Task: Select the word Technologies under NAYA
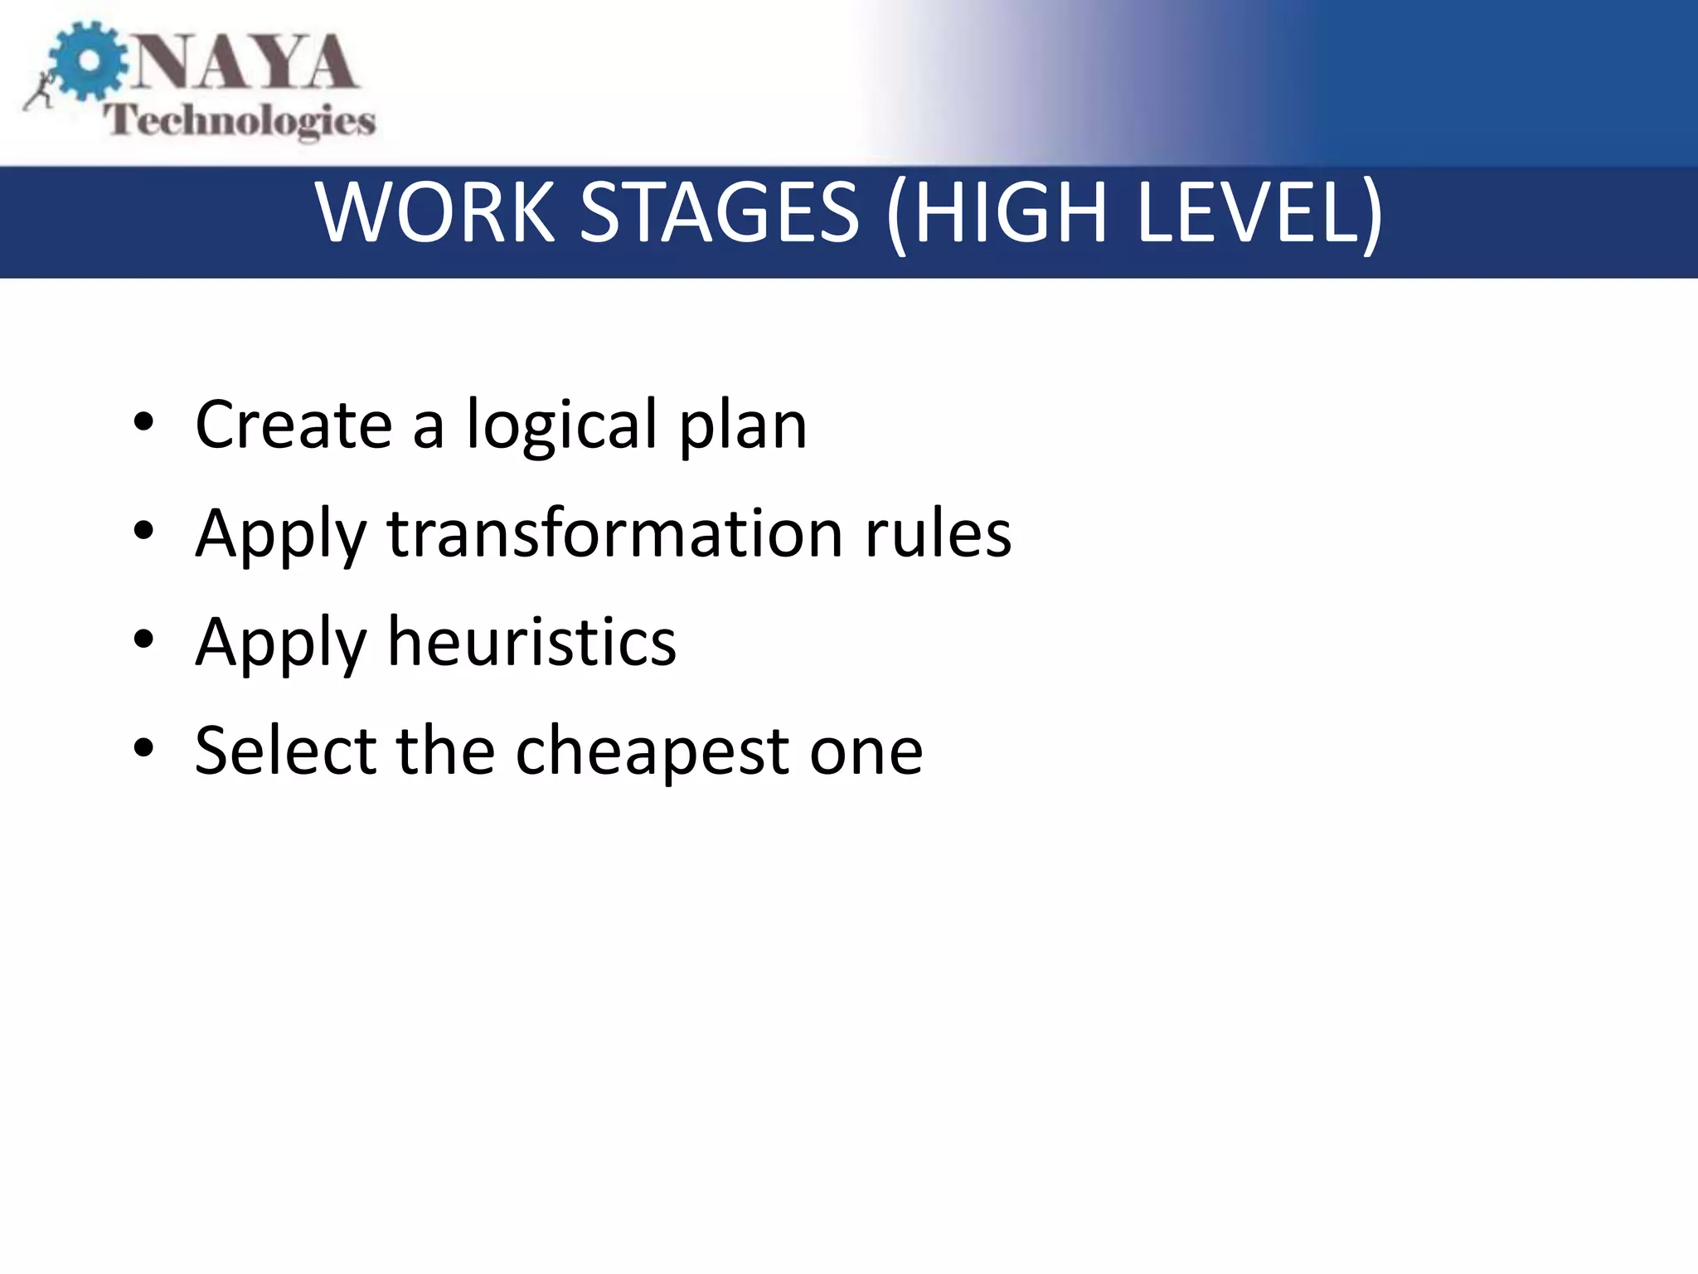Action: point(240,121)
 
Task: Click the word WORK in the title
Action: point(435,213)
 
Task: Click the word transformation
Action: point(614,532)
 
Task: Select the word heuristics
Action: point(531,641)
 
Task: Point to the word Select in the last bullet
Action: point(285,750)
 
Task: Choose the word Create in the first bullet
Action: point(293,424)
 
